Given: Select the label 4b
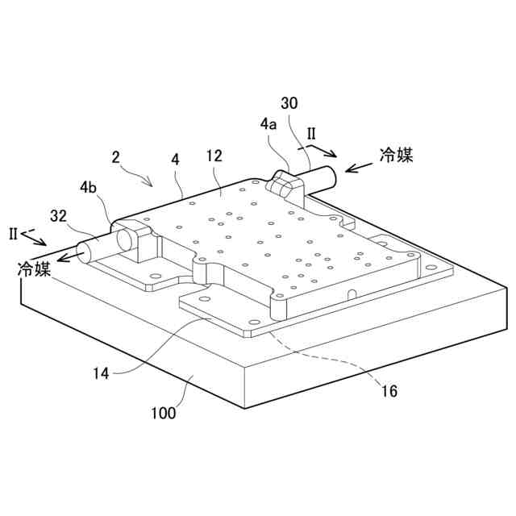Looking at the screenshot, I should (89, 189).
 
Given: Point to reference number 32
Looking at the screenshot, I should (58, 215).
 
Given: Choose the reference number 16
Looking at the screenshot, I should (389, 392).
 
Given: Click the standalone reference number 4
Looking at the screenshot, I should (175, 159).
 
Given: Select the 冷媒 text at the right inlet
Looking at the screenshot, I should (396, 156).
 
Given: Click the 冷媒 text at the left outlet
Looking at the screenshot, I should (35, 268).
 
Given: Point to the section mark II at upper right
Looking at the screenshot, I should (312, 131).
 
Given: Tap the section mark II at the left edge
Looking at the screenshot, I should (13, 234).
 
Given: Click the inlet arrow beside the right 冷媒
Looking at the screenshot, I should (358, 166).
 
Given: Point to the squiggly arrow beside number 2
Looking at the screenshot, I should (141, 176).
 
